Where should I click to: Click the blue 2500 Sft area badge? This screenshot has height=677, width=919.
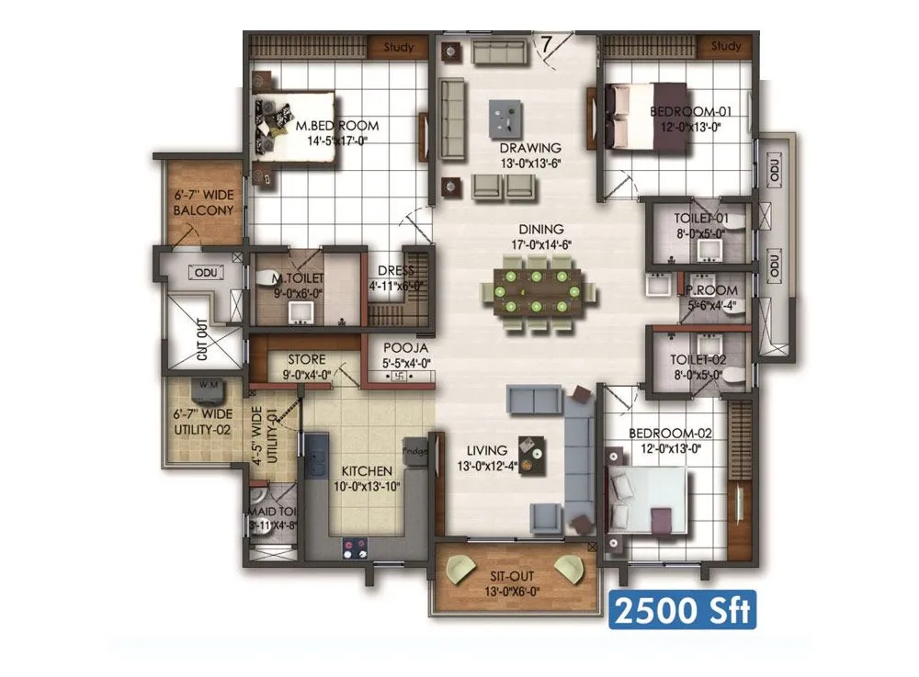pyautogui.click(x=682, y=610)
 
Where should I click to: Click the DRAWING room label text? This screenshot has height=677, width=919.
pyautogui.click(x=530, y=147)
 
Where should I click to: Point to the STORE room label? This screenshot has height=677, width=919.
pyautogui.click(x=306, y=359)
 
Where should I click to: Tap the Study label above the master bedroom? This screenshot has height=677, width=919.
pyautogui.click(x=397, y=46)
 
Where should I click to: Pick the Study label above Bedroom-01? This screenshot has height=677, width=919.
pyautogui.click(x=725, y=46)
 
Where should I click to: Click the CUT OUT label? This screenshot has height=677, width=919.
pyautogui.click(x=203, y=341)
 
